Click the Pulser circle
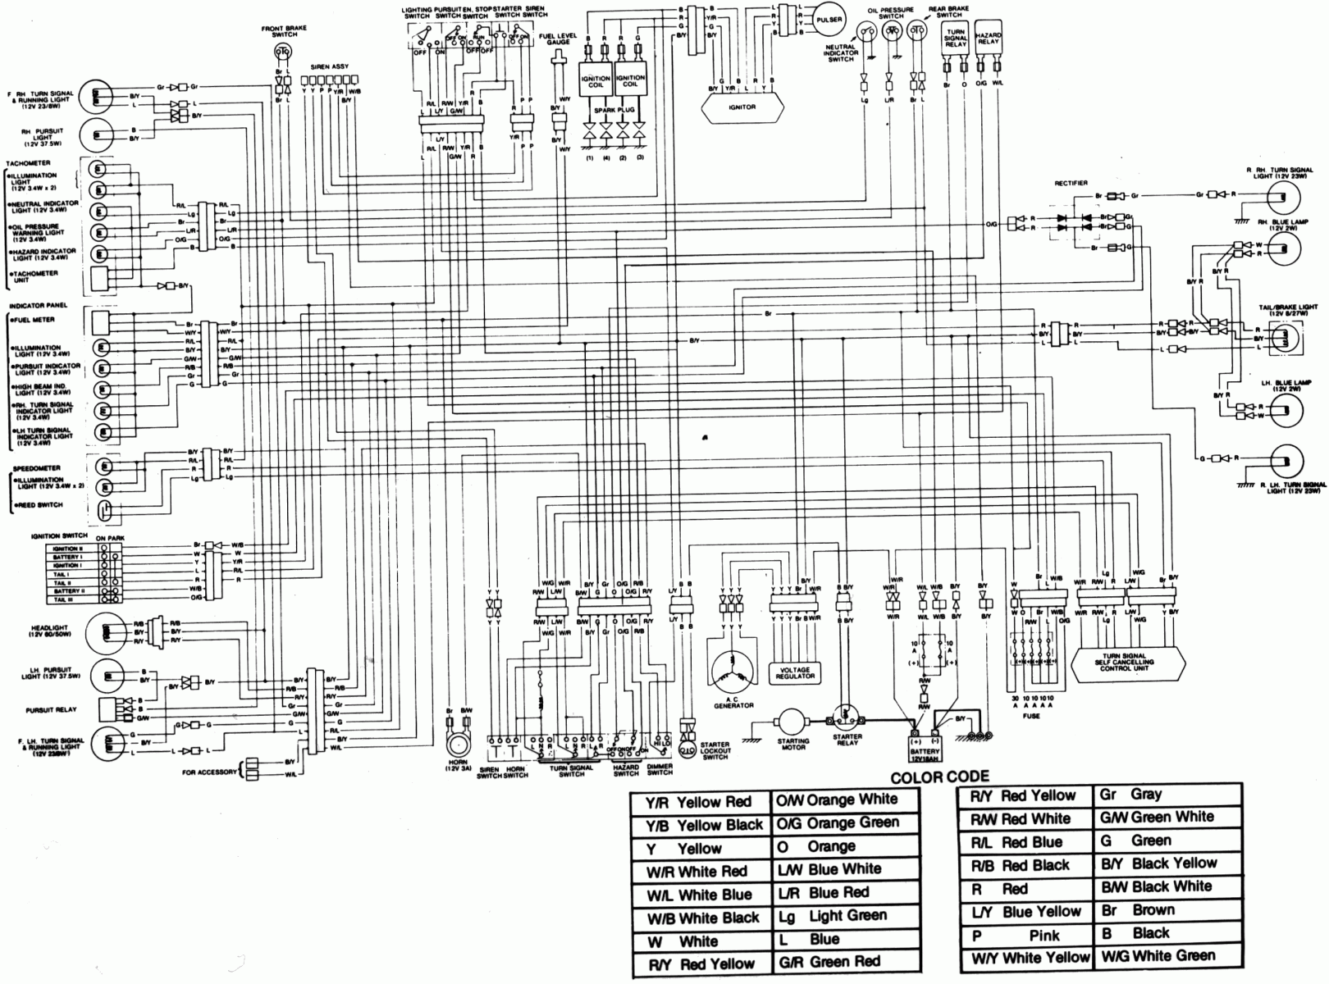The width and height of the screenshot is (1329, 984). (829, 20)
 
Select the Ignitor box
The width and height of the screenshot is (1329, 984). (742, 106)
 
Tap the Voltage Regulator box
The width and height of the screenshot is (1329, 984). (795, 673)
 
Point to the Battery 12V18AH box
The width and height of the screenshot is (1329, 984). (925, 747)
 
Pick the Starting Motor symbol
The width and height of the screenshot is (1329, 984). (792, 722)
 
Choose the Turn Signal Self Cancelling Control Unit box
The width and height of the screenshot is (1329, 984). (1130, 661)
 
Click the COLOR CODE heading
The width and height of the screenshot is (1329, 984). (939, 777)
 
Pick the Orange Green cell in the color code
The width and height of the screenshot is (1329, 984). (845, 822)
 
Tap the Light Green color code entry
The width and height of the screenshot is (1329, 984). (845, 916)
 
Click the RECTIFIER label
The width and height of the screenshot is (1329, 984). (1071, 183)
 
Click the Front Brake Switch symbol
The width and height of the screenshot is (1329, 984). (283, 52)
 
